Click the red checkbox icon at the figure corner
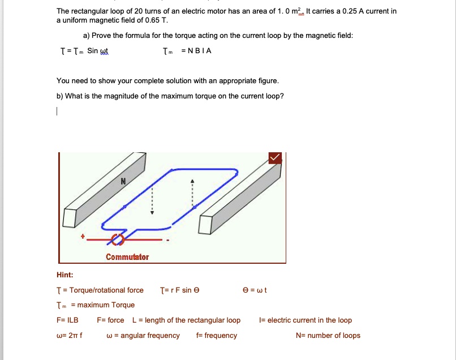click(x=276, y=158)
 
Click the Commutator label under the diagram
click(x=127, y=257)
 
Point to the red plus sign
click(x=83, y=237)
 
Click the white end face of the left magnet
click(x=70, y=217)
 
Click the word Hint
click(x=65, y=275)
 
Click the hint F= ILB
click(x=67, y=320)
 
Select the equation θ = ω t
click(x=255, y=290)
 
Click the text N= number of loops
click(x=328, y=336)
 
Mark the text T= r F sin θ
click(x=180, y=290)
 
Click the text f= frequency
click(x=217, y=336)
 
